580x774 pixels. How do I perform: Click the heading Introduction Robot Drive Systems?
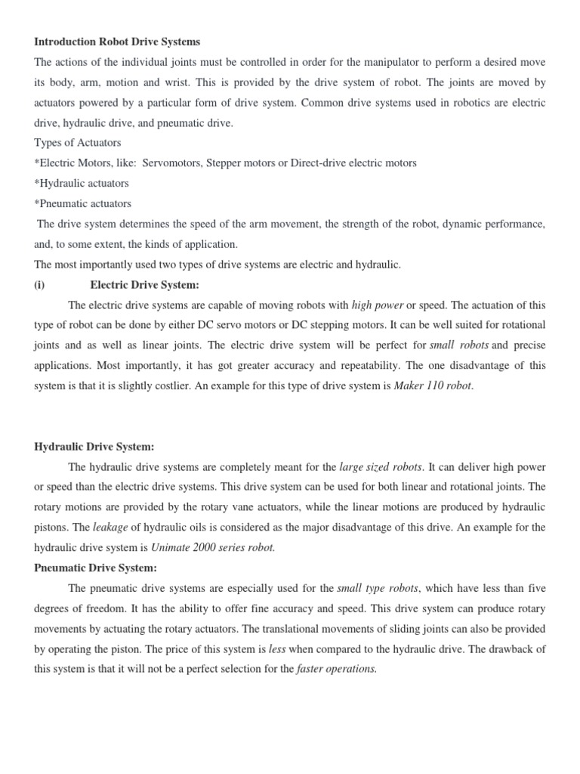(117, 42)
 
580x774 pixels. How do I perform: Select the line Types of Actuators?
(78, 142)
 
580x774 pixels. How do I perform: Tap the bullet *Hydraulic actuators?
(82, 183)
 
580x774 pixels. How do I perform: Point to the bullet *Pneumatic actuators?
(83, 203)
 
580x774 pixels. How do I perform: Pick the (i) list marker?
(42, 285)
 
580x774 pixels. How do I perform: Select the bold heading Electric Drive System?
(144, 285)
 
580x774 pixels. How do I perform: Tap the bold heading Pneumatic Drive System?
(95, 568)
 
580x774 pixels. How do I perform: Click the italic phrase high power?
(378, 305)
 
